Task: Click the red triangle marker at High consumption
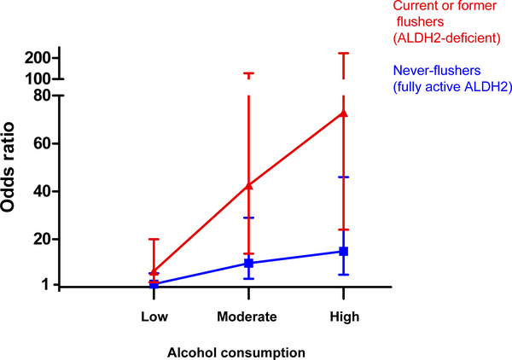(343, 113)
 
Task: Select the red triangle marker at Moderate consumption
(248, 185)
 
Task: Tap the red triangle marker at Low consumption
(154, 273)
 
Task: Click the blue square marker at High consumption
(343, 252)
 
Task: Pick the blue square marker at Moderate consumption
(248, 264)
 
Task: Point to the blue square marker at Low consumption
(154, 284)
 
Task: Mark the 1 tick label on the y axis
(54, 286)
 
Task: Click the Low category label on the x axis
(154, 316)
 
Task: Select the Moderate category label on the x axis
(248, 316)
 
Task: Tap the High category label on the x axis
(343, 316)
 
